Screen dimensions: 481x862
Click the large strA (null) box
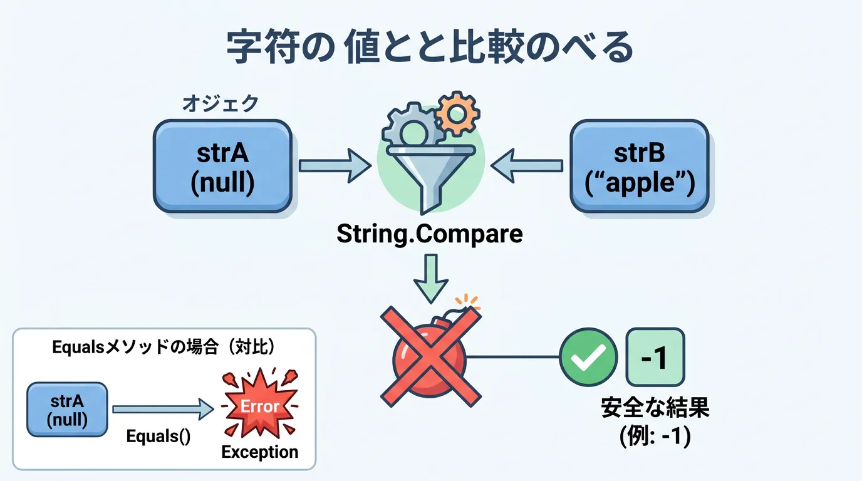click(223, 165)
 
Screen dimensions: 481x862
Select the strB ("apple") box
click(640, 165)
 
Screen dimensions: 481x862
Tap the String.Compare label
click(429, 234)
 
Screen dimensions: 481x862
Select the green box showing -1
click(655, 357)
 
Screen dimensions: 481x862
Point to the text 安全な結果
click(655, 408)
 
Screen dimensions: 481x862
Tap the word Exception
click(260, 452)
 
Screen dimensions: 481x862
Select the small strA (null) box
click(67, 409)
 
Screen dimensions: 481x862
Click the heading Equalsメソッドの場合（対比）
click(164, 348)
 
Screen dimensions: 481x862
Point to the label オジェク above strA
click(220, 103)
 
